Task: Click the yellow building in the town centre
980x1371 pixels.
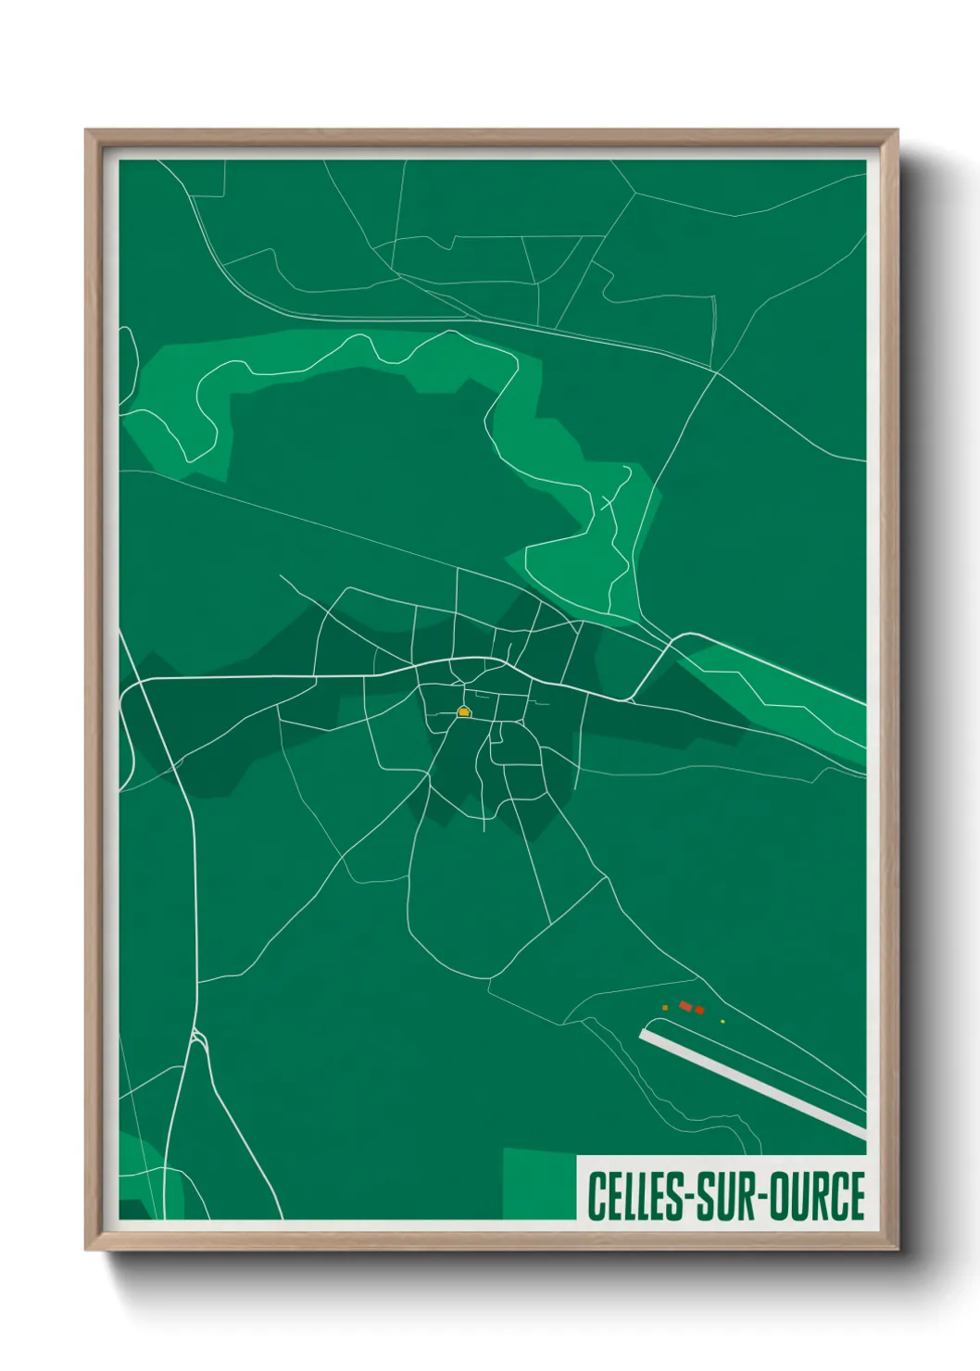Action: (464, 712)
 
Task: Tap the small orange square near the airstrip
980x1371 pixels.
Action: (665, 1007)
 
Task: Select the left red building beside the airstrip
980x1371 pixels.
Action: (685, 1006)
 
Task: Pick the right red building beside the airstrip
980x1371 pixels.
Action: (699, 1010)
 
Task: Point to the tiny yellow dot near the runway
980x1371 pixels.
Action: (722, 1022)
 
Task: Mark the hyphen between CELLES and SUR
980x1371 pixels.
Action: (686, 1198)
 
